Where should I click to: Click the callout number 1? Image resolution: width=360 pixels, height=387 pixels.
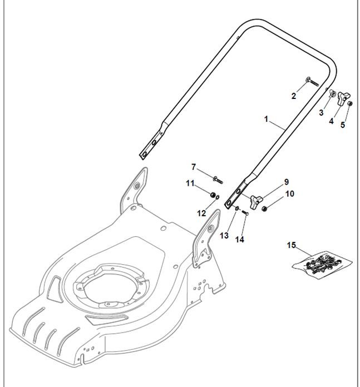(267, 119)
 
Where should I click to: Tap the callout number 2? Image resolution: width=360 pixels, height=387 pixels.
(294, 96)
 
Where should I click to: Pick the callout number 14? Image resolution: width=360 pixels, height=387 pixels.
(240, 240)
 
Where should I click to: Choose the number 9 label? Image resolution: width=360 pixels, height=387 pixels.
(287, 182)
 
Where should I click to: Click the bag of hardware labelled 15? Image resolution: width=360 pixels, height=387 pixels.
(322, 262)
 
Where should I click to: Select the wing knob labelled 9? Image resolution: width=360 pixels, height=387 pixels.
(255, 202)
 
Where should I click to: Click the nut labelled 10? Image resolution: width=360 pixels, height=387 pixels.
(265, 209)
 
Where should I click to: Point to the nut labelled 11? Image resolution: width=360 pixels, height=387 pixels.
(213, 195)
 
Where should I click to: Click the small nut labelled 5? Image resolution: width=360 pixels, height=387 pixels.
(349, 104)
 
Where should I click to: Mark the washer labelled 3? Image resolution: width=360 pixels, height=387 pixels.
(330, 95)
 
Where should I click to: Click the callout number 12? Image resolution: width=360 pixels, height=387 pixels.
(201, 214)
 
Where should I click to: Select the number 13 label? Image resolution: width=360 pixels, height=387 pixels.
(224, 236)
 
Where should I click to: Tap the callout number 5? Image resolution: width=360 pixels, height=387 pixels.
(343, 125)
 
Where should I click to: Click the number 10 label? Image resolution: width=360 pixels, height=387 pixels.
(289, 194)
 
